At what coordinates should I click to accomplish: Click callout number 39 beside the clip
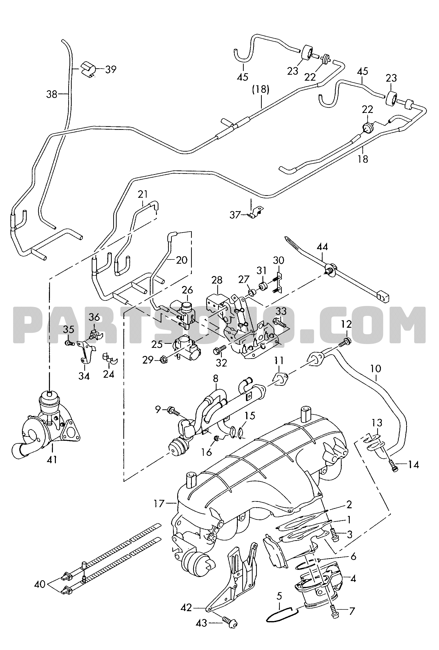tap(111, 69)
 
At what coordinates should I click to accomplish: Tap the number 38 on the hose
tap(52, 94)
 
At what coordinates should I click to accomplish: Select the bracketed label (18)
tap(261, 90)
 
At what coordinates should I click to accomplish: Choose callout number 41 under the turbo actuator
tap(52, 459)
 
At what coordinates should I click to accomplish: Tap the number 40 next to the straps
tap(40, 584)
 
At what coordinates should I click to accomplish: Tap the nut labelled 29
tap(164, 360)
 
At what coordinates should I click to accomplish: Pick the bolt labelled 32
tap(220, 349)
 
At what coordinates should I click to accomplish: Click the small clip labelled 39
tap(88, 70)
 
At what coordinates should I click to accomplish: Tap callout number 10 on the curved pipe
tap(376, 368)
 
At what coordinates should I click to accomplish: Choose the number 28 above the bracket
tap(217, 280)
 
